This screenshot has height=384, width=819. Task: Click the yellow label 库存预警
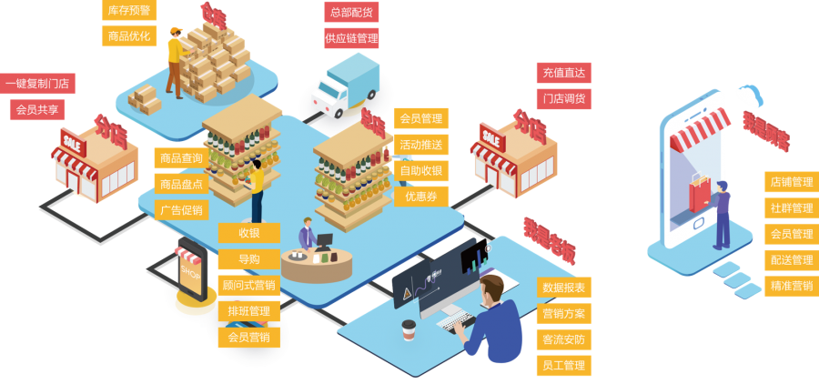click(128, 10)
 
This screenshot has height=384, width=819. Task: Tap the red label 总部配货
click(351, 12)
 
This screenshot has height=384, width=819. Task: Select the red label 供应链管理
click(351, 38)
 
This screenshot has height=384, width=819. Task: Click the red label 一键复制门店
click(37, 84)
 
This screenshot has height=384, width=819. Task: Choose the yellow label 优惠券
click(420, 197)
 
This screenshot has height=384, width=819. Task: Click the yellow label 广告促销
click(181, 210)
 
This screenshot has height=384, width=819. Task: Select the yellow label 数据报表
click(563, 288)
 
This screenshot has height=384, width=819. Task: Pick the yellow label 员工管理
click(563, 366)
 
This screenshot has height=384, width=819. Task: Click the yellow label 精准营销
click(791, 285)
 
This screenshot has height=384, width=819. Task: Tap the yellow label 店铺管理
click(791, 182)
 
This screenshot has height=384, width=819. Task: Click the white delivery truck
click(343, 87)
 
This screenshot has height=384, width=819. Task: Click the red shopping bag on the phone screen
click(698, 194)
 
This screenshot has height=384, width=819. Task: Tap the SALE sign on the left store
click(72, 140)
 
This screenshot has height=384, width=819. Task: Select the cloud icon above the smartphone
click(751, 95)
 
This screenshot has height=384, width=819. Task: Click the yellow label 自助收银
click(420, 170)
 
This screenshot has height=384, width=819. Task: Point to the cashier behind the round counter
click(307, 234)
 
